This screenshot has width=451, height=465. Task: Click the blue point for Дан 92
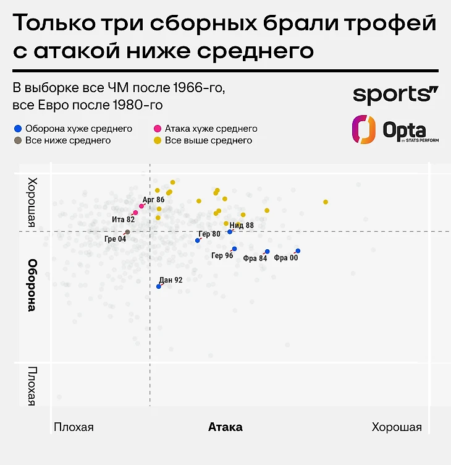[x=159, y=286]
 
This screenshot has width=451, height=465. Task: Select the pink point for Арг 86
[x=141, y=206]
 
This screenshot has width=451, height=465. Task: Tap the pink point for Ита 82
[x=135, y=213]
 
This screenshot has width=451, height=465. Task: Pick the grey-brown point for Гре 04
[x=127, y=232]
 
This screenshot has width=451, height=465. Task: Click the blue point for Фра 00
[x=298, y=251]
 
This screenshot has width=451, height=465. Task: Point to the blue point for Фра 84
[x=267, y=252]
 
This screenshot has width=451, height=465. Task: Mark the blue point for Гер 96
[x=234, y=249]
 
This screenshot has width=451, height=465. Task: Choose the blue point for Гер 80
[x=198, y=241]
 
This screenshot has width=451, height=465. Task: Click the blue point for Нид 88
[x=230, y=232]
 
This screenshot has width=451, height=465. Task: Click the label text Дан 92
[x=171, y=279]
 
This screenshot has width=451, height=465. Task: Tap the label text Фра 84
[x=255, y=258]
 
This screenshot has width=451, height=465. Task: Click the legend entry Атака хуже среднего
[x=211, y=129]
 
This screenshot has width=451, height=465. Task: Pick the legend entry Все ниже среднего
[x=68, y=140]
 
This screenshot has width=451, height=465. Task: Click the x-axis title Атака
[x=225, y=427]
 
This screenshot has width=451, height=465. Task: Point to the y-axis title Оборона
[x=32, y=285]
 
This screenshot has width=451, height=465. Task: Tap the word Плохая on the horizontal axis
[x=74, y=427]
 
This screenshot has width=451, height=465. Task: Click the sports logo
[x=395, y=95]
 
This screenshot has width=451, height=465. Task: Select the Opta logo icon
[x=364, y=130]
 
